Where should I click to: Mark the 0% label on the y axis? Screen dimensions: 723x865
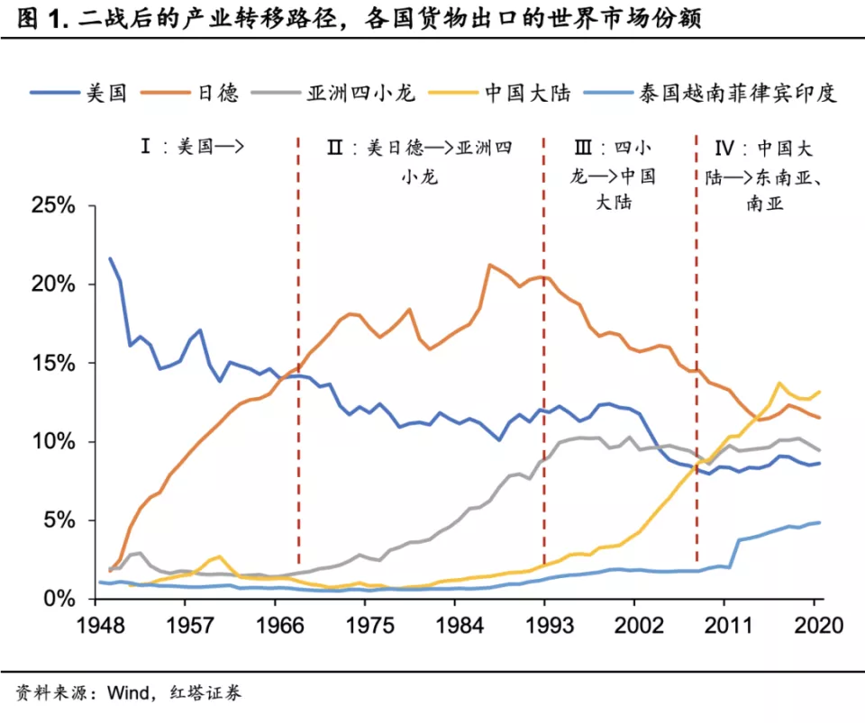63,598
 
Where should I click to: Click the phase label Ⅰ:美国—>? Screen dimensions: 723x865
193,147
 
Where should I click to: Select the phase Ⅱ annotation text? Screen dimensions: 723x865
420,160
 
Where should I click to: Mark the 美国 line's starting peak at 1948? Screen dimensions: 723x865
110,258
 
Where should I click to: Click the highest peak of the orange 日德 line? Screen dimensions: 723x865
489,265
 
